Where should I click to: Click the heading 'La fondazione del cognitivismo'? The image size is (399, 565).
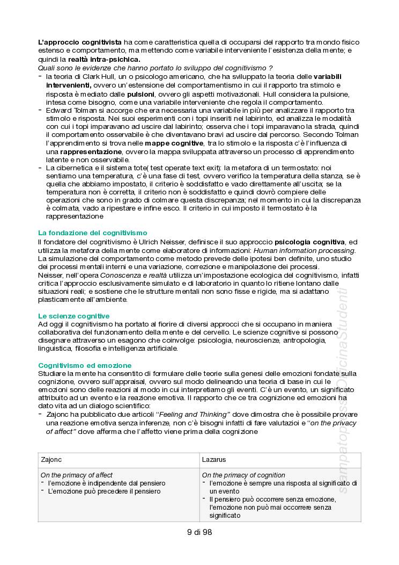(x=92, y=233)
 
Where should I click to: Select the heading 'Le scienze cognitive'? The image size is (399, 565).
(x=73, y=316)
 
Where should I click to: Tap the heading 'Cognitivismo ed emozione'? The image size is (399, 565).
(x=85, y=365)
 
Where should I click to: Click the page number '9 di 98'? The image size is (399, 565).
(x=199, y=532)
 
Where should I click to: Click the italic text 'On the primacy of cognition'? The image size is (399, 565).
(x=243, y=475)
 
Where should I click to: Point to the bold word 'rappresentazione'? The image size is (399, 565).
(x=92, y=151)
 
